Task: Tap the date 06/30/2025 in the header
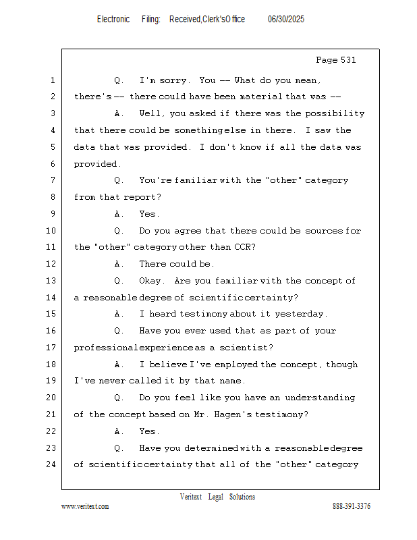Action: pos(286,20)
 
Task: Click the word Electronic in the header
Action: pos(113,20)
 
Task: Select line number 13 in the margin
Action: pos(51,281)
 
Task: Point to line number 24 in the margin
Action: pos(51,464)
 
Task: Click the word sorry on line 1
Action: pos(173,80)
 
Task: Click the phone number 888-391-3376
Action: pos(352,506)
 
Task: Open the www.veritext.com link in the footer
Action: pos(85,506)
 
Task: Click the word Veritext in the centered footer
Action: pos(191,497)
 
